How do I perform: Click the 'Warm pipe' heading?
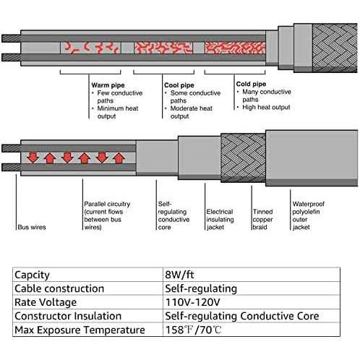pyautogui.click(x=108, y=85)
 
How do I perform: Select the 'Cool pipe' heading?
pyautogui.click(x=179, y=85)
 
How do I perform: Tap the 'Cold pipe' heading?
pyautogui.click(x=251, y=84)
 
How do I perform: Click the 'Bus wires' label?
pyautogui.click(x=32, y=227)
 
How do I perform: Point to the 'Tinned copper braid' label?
pyautogui.click(x=262, y=219)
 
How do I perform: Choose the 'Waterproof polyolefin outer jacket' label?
pyautogui.click(x=309, y=215)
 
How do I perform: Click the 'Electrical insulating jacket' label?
pyautogui.click(x=220, y=219)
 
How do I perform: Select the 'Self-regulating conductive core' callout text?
pyautogui.click(x=173, y=215)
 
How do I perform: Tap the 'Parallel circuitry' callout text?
pyautogui.click(x=107, y=215)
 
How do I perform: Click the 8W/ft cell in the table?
pyautogui.click(x=179, y=275)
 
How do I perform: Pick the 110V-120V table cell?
pyautogui.click(x=193, y=302)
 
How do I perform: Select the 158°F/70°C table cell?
pyautogui.click(x=193, y=330)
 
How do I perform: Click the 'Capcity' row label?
pyautogui.click(x=32, y=275)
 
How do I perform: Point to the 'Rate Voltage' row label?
pyautogui.click(x=46, y=303)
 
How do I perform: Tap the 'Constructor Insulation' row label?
pyautogui.click(x=68, y=316)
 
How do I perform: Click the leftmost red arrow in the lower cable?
pyautogui.click(x=33, y=157)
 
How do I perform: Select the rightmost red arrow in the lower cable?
pyautogui.click(x=119, y=158)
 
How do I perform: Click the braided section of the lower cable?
pyautogui.click(x=243, y=158)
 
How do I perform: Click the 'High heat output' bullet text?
pyautogui.click(x=266, y=107)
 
